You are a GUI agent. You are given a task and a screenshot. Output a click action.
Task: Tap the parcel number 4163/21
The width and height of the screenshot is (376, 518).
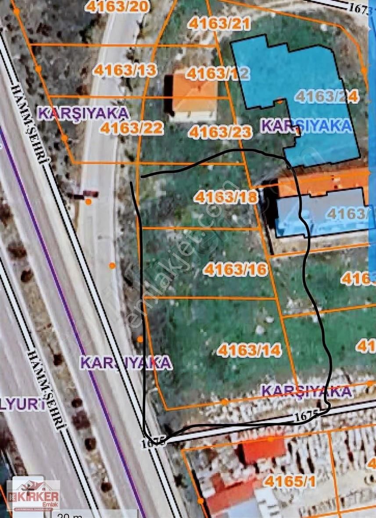tap(219, 24)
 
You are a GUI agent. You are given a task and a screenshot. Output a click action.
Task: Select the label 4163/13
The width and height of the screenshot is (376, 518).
tap(125, 70)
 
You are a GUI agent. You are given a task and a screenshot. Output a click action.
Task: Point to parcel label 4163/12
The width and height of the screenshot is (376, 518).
tap(217, 73)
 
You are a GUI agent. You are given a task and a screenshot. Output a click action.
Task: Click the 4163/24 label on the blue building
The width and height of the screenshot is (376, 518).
tap(326, 96)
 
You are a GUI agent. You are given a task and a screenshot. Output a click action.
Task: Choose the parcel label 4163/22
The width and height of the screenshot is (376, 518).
tap(132, 128)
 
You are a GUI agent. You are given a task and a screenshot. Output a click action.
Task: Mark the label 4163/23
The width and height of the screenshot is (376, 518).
tap(220, 132)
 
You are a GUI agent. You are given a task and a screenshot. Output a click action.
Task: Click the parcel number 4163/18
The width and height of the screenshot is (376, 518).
tap(226, 197)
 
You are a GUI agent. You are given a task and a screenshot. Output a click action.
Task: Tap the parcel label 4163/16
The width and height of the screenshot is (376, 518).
tap(235, 269)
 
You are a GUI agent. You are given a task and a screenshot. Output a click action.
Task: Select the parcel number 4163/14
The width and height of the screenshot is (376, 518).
tap(249, 350)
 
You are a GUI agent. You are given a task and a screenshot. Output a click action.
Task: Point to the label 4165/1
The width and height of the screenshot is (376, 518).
tap(290, 482)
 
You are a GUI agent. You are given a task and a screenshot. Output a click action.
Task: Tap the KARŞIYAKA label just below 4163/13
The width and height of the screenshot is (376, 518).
tap(83, 113)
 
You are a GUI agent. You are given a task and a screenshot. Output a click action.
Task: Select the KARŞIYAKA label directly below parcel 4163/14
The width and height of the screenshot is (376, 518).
tap(307, 391)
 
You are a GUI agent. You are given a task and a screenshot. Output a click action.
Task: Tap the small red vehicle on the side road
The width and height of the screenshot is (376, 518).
tap(90, 193)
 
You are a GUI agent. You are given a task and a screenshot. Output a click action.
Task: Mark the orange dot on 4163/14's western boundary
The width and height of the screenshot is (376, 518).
tap(140, 339)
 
